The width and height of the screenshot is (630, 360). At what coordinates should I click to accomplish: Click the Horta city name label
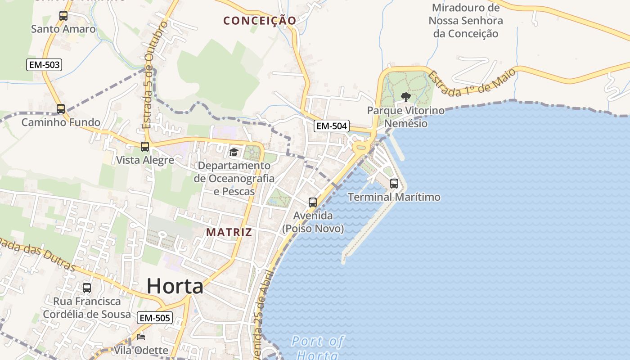(x=175, y=286)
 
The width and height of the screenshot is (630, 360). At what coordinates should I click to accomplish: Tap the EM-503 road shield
(x=44, y=65)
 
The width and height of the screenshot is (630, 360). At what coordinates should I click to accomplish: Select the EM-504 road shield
(x=332, y=126)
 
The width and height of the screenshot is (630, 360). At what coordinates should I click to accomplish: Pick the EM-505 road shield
(x=155, y=318)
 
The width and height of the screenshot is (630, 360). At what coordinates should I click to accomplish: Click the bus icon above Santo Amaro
(x=63, y=16)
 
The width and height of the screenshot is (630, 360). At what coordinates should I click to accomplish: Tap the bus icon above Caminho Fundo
(x=61, y=109)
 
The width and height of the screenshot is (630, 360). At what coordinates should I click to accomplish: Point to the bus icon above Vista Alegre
(x=145, y=147)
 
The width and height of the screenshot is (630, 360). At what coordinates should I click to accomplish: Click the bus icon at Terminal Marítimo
(x=394, y=184)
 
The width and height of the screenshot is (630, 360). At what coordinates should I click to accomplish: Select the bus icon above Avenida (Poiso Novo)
(x=313, y=202)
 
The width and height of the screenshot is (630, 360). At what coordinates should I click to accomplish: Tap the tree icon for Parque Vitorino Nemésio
(x=405, y=97)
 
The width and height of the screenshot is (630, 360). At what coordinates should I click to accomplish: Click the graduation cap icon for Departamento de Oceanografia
(x=234, y=152)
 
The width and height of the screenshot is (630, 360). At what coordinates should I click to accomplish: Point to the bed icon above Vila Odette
(x=141, y=337)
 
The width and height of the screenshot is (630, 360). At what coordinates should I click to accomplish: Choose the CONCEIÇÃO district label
(x=260, y=21)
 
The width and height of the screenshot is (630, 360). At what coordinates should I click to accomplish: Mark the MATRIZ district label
(x=229, y=232)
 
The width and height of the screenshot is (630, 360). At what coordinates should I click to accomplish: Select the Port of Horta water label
(x=317, y=347)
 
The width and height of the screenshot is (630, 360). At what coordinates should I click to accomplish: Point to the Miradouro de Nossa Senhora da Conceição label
(x=466, y=21)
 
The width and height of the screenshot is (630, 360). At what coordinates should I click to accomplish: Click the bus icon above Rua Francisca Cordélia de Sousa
(x=87, y=288)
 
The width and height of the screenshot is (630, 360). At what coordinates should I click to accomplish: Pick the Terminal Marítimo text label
(x=394, y=197)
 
